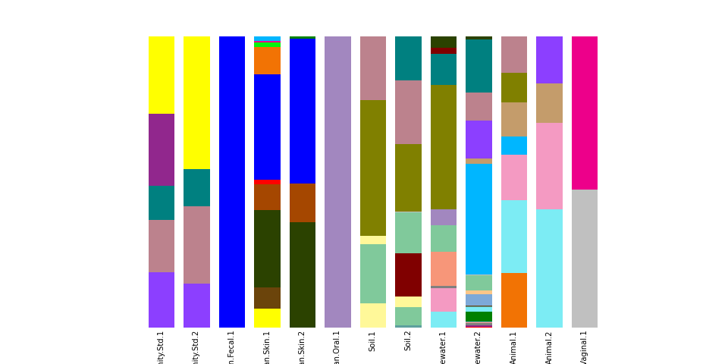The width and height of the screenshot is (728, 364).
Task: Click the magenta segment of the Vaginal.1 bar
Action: (584, 112)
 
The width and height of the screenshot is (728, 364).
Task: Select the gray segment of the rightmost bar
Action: (584, 258)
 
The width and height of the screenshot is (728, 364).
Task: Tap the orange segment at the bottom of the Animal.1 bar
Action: (513, 300)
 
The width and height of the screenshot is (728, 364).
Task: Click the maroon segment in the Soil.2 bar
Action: (408, 275)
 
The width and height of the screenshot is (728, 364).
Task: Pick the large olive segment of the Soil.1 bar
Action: (372, 168)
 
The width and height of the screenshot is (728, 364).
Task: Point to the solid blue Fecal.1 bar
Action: (232, 182)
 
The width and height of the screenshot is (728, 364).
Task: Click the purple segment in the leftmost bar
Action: (162, 149)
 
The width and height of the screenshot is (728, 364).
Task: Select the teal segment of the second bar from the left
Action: (196, 187)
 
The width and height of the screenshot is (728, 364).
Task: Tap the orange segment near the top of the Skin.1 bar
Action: (267, 60)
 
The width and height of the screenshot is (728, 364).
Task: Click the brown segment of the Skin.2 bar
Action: (303, 202)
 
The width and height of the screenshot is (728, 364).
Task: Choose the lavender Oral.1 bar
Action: (337, 182)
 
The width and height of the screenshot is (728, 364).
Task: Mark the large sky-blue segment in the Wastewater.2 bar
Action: (479, 218)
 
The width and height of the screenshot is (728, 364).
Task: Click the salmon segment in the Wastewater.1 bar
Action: (444, 268)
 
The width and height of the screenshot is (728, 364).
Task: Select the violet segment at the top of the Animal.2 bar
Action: (549, 59)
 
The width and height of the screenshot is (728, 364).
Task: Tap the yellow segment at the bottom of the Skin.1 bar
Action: (267, 318)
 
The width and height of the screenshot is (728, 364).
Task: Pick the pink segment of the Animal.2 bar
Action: (549, 165)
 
